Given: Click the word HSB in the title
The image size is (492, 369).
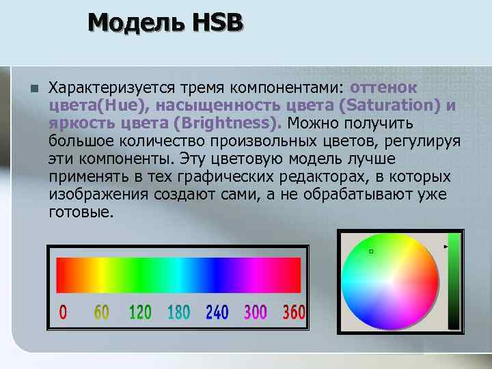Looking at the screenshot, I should tap(218, 24).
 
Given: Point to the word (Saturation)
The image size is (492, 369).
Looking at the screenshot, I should tap(392, 106).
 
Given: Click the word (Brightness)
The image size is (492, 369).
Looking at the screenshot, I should tap(226, 124).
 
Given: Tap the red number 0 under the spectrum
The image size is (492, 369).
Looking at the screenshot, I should tap(64, 313).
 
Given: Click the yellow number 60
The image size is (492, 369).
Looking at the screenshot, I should tap(101, 313).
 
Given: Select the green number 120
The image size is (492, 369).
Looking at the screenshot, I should tap(140, 313).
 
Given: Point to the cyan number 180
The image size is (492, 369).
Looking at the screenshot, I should tap(178, 313).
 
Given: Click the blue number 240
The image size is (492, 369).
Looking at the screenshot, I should tap(217, 313).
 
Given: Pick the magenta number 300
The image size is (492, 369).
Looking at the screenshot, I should tap(255, 313).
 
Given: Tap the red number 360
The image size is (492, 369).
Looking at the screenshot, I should tap(294, 313).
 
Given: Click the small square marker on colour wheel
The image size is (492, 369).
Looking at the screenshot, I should tap(371, 251).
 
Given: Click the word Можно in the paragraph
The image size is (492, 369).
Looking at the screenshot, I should tap(313, 124).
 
